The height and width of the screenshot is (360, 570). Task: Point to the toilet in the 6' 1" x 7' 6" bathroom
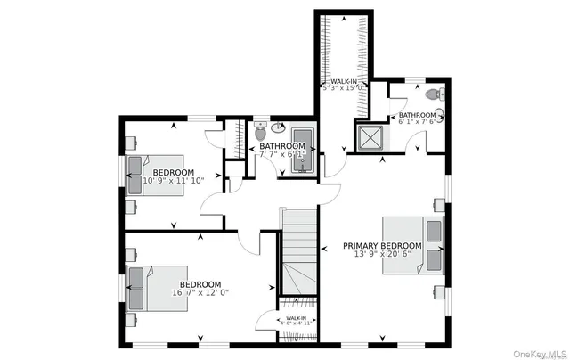[434, 94]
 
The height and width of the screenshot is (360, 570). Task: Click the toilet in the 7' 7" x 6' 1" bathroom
[260, 131]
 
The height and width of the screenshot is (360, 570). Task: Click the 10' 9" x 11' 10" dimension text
[174, 181]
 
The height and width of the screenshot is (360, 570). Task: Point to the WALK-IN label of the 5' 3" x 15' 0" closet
[341, 81]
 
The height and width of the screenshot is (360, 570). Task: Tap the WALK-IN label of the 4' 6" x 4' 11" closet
[297, 318]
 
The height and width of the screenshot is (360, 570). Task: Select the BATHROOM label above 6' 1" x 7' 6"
[417, 115]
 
